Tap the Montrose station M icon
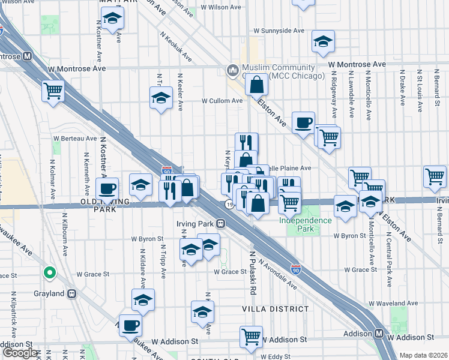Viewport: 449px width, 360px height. click(27, 57)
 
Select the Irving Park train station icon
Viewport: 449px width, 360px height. click(221, 224)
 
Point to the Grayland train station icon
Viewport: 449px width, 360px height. click(72, 294)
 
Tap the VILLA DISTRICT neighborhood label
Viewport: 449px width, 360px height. click(275, 309)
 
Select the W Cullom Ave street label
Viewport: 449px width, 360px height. click(222, 101)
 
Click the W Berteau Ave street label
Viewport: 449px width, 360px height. click(74, 138)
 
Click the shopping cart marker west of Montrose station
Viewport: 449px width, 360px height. click(53, 91)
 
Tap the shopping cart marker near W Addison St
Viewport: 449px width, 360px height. click(251, 336)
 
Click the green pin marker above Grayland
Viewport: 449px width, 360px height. click(50, 274)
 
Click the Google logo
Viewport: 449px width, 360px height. click(20, 353)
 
